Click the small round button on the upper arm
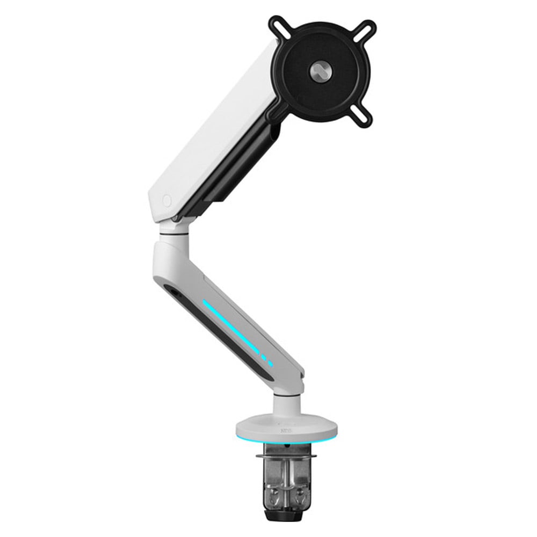[166, 201]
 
